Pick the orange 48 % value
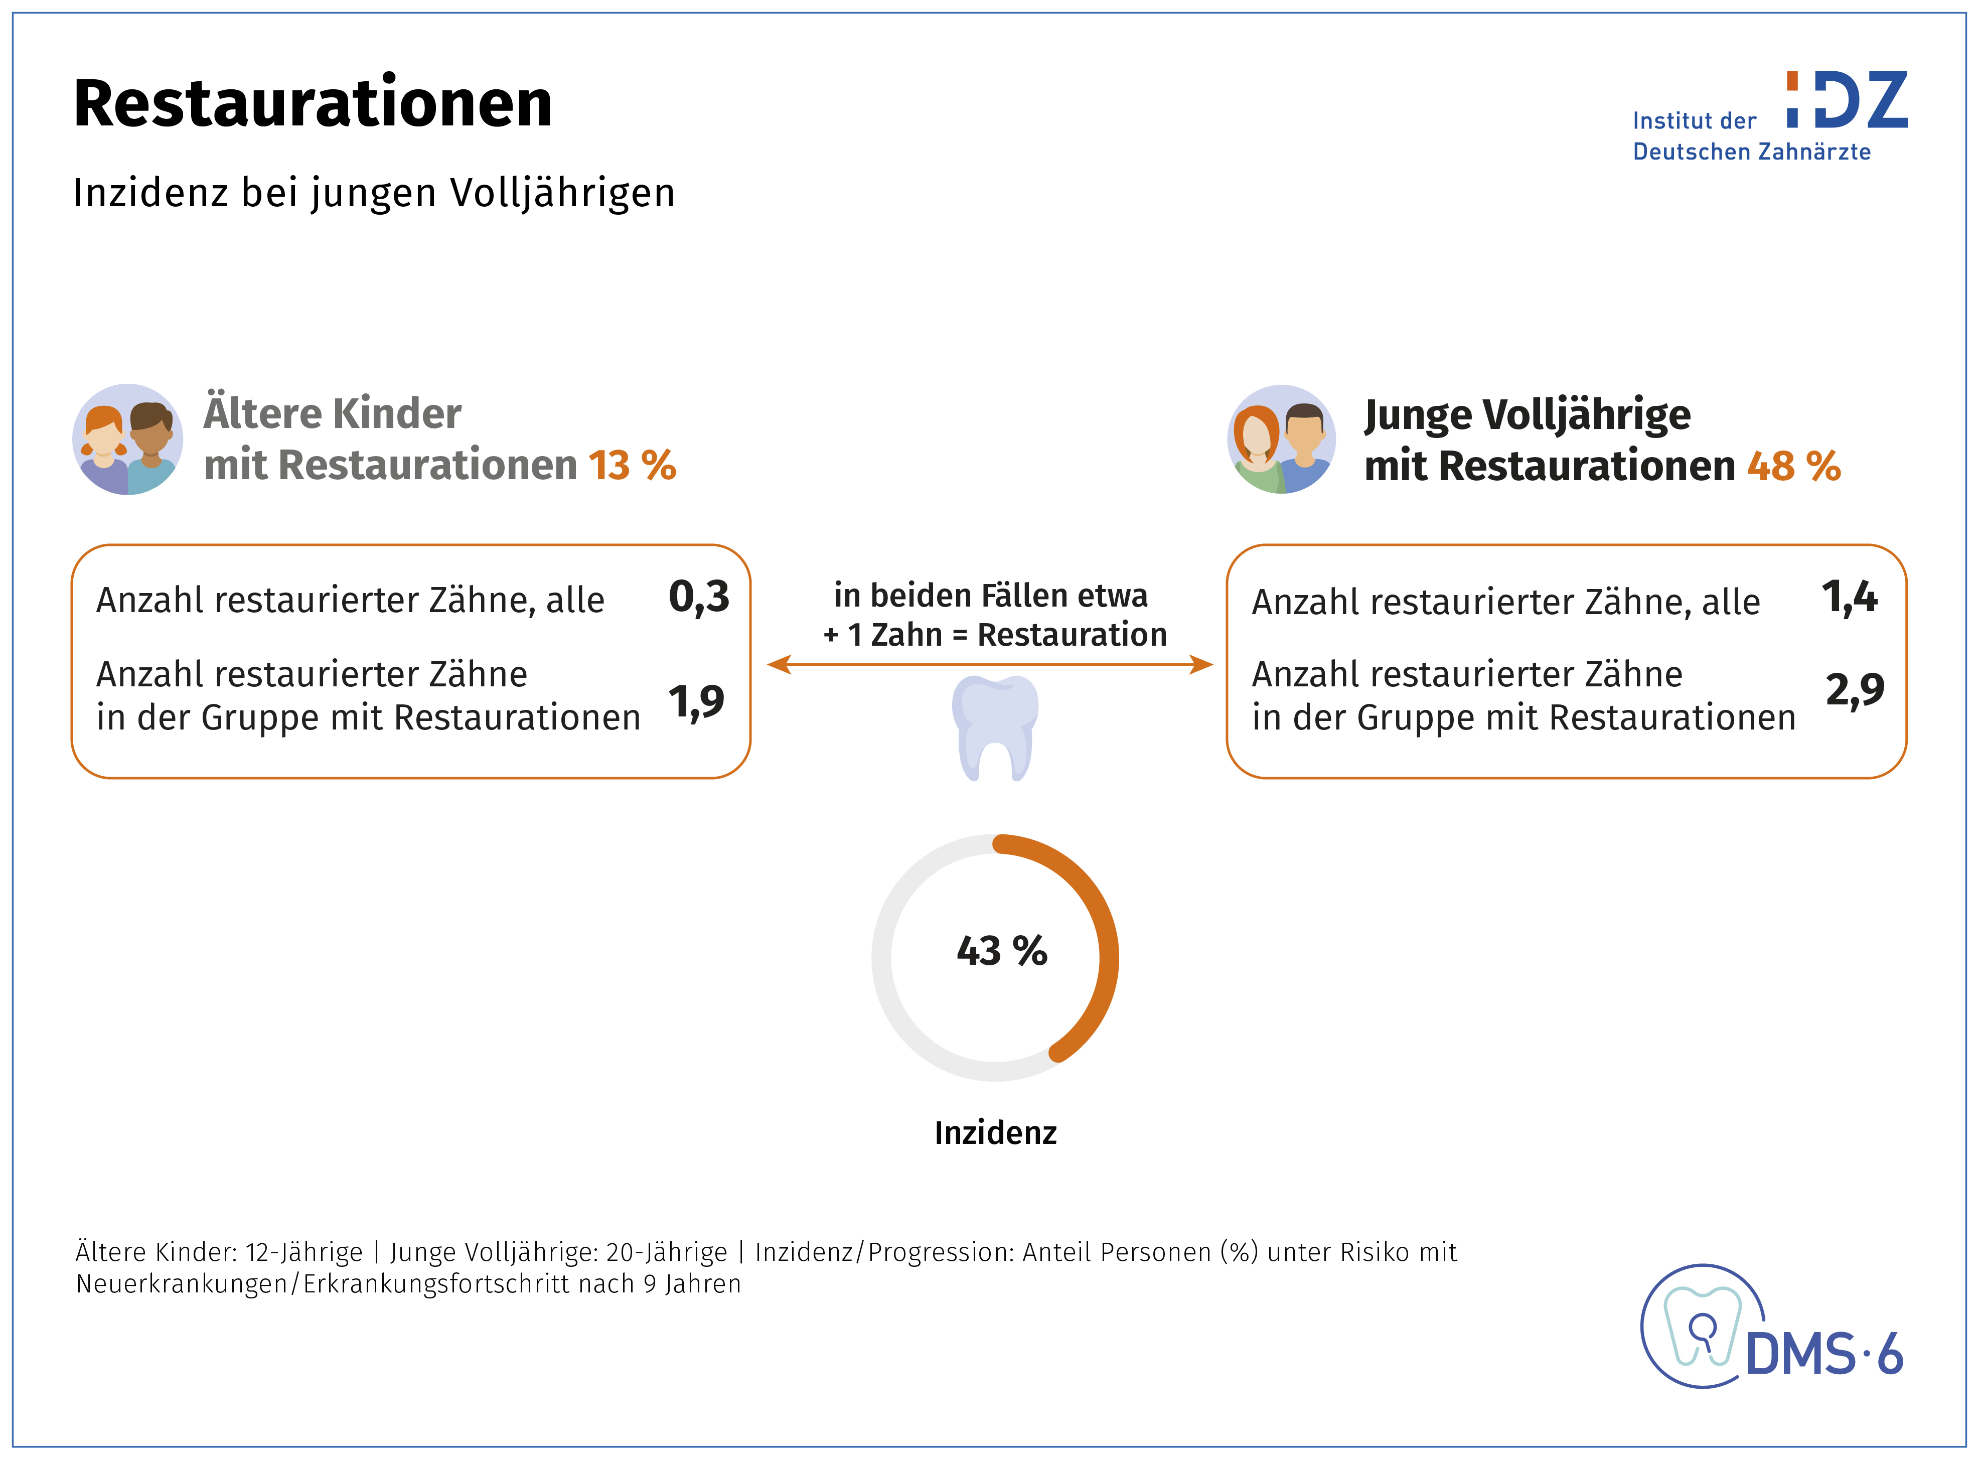[x=1793, y=467]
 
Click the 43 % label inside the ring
[x=1001, y=951]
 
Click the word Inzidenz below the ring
[x=995, y=1133]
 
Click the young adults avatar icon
[x=1281, y=439]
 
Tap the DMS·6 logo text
[x=1824, y=1354]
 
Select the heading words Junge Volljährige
[x=1527, y=415]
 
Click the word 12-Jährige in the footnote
[x=303, y=1252]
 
